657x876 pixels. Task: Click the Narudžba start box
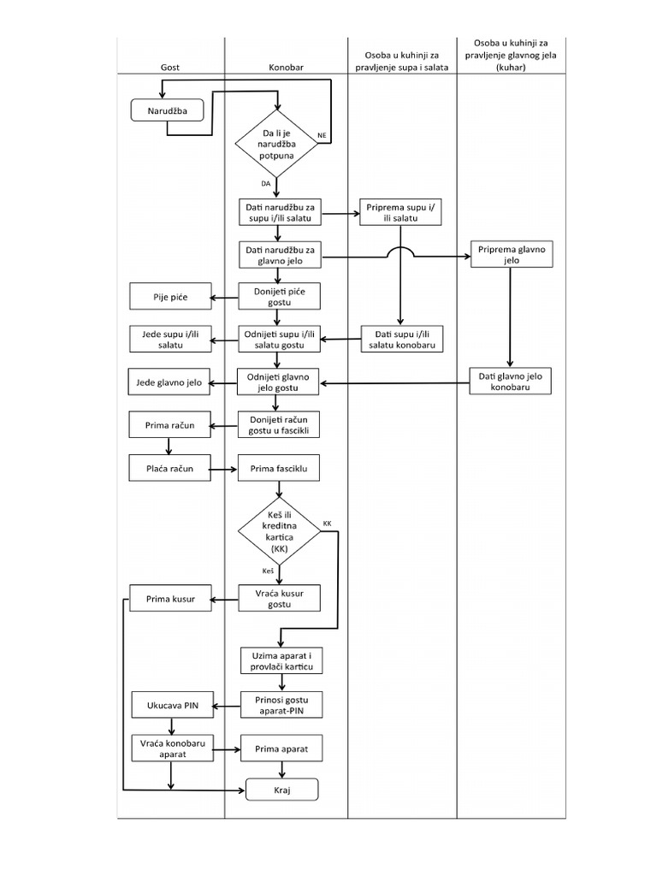tap(171, 111)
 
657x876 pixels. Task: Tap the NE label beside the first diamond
tap(322, 136)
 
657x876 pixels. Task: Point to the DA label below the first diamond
tap(266, 184)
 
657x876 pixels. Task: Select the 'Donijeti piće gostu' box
tap(280, 297)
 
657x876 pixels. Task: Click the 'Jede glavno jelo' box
tap(169, 382)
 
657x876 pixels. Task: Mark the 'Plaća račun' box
tap(169, 469)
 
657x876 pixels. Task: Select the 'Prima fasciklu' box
tap(280, 469)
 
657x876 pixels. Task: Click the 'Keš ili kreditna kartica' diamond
tap(280, 532)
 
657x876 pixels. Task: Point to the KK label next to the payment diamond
tap(328, 523)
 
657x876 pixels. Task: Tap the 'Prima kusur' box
tap(169, 599)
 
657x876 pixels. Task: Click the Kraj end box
tap(282, 790)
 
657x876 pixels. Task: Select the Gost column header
tap(170, 66)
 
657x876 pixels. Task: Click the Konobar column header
tap(286, 66)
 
